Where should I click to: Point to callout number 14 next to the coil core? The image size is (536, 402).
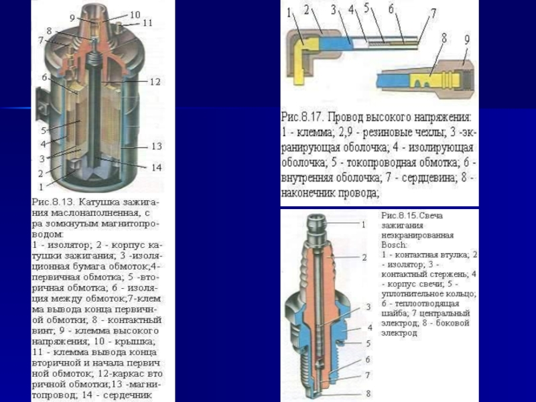(156, 167)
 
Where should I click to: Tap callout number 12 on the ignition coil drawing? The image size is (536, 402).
(155, 82)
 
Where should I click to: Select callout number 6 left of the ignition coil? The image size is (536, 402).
(44, 78)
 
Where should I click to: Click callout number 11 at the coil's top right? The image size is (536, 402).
(147, 23)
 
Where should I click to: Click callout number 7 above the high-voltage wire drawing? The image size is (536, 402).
(433, 13)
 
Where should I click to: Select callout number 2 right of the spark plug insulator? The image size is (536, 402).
(364, 257)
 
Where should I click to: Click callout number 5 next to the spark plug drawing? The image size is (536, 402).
(368, 343)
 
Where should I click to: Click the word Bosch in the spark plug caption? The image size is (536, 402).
(393, 245)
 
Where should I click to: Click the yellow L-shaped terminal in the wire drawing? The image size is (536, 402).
(299, 48)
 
